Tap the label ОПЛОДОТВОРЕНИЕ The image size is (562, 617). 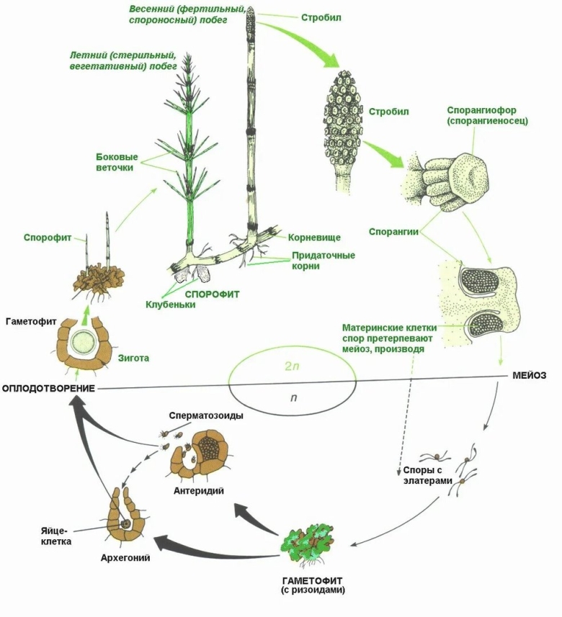pyautogui.click(x=49, y=389)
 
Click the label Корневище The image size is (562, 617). pyautogui.click(x=314, y=236)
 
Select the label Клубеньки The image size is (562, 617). pyautogui.click(x=170, y=305)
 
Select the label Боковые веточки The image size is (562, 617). pyautogui.click(x=117, y=162)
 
